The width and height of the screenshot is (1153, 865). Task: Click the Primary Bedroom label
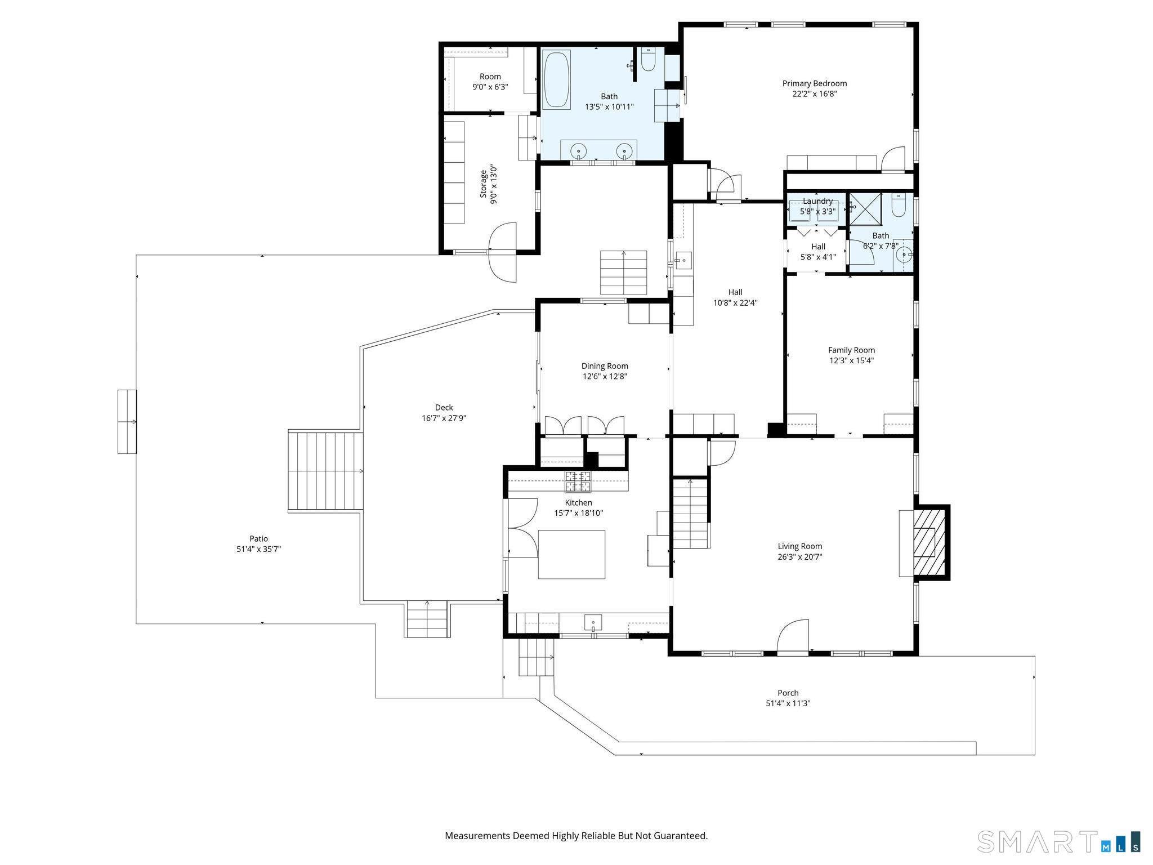[x=814, y=83]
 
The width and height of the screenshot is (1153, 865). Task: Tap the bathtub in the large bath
[x=556, y=79]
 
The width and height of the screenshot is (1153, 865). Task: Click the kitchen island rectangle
[x=571, y=554]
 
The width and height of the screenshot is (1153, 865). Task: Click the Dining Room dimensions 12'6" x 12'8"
[x=605, y=376]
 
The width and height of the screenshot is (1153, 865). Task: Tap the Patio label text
[x=258, y=538]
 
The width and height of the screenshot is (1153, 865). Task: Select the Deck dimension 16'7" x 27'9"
[x=444, y=418]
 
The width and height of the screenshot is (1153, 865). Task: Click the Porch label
[x=788, y=693]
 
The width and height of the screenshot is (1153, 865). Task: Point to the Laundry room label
[x=817, y=201]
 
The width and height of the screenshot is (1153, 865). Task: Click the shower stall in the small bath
[x=865, y=209]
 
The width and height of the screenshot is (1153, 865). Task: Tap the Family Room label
[x=851, y=350]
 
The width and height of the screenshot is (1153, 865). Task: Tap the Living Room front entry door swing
[x=793, y=635]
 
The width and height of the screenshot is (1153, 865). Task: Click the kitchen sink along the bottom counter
[x=593, y=623]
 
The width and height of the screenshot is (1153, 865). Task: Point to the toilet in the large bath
[x=648, y=60]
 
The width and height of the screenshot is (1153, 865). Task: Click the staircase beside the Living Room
[x=690, y=512]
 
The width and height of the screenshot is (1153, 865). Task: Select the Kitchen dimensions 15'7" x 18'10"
[x=578, y=513]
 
